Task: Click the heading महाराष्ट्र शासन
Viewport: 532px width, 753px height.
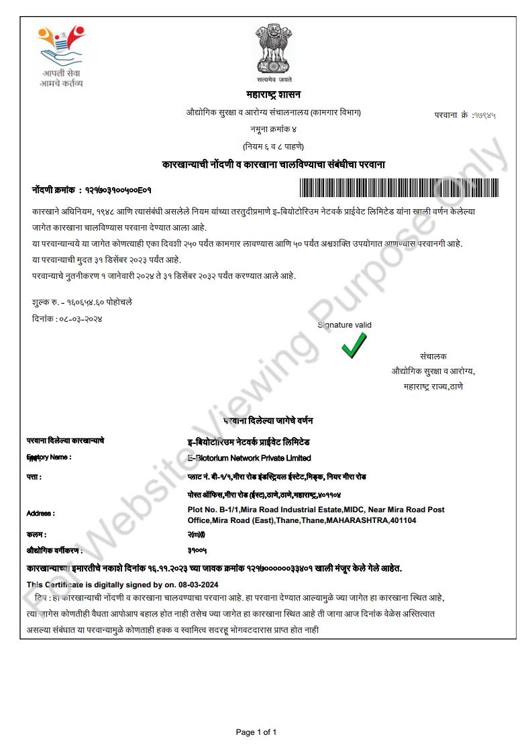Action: (x=272, y=95)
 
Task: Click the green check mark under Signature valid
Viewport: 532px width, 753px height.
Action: (x=354, y=345)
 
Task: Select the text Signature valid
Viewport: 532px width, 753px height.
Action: (x=345, y=325)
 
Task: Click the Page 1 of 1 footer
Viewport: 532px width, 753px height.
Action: (x=257, y=732)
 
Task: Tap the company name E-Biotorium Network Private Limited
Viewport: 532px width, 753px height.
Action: (x=250, y=458)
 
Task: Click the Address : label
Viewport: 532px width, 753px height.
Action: (x=41, y=514)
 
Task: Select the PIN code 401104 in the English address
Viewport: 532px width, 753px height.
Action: (x=402, y=520)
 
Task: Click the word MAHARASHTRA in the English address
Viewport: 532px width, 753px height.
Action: (x=358, y=520)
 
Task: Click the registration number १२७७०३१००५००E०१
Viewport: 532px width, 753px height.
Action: (x=118, y=190)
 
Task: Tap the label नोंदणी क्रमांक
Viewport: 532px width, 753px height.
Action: (x=53, y=190)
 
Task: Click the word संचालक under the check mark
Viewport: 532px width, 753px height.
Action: (x=433, y=356)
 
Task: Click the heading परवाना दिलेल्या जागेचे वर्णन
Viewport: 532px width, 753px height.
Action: (x=268, y=420)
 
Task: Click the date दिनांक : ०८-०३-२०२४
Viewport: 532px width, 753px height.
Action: (x=67, y=318)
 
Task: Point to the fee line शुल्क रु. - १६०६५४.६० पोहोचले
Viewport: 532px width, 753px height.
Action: (x=82, y=302)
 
